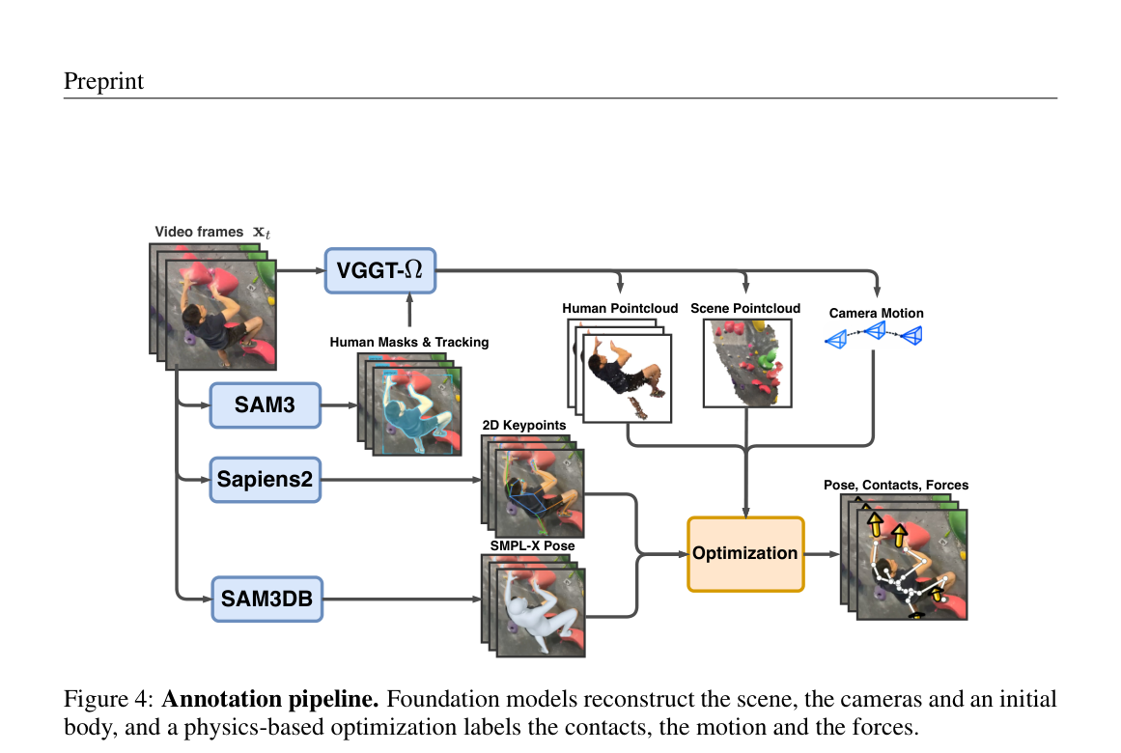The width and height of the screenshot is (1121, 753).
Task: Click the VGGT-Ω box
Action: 379,270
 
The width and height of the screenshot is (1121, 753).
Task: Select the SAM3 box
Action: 266,404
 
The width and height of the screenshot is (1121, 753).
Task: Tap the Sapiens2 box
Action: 266,479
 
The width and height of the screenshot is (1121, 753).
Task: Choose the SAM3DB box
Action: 266,599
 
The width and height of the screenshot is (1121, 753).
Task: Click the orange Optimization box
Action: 745,554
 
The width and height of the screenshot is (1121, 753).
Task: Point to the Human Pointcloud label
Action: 620,308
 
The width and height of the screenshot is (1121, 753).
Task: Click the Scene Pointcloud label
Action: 745,308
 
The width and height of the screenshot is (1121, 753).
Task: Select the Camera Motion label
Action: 877,313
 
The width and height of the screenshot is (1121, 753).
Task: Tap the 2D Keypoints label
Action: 524,425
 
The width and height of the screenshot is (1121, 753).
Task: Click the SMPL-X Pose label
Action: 533,545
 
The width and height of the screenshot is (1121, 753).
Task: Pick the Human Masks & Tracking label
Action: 409,342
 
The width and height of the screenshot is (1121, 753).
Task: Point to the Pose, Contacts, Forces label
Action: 896,485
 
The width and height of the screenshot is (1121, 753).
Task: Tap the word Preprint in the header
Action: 103,81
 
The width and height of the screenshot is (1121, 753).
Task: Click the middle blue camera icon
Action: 875,330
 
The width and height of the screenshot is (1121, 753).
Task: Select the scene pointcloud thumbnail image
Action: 747,363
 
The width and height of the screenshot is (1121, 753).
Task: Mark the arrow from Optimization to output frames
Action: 822,554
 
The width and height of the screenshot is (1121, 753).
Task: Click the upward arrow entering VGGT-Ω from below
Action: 409,310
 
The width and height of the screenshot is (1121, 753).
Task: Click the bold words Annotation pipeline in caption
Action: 270,699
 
